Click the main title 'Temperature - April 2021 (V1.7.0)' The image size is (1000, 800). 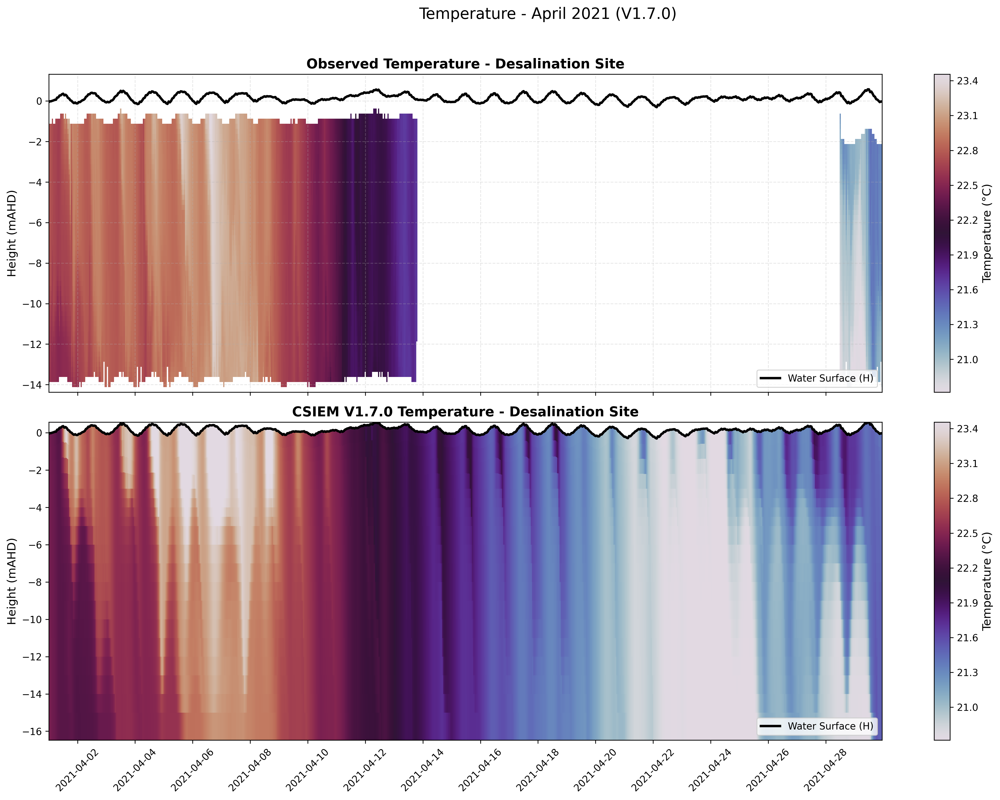(x=547, y=14)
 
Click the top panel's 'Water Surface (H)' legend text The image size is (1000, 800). (x=830, y=378)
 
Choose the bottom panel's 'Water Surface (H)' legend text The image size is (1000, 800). (x=830, y=726)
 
